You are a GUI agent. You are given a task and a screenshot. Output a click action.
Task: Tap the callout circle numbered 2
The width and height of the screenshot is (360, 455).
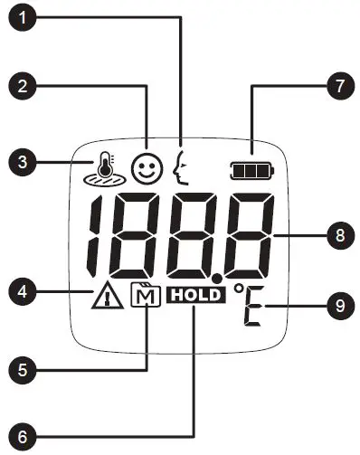22,87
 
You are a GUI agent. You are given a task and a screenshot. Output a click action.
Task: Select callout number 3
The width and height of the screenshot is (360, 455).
22,163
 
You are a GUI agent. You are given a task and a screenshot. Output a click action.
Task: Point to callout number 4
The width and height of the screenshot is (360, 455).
22,291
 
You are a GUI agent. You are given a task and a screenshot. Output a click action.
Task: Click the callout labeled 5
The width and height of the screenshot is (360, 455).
22,369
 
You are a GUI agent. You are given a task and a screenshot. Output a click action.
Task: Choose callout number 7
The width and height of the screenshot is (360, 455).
338,87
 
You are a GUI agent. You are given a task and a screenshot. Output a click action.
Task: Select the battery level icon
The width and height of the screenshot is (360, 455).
251,169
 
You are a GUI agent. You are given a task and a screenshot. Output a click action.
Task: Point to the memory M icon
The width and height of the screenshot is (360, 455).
143,295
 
